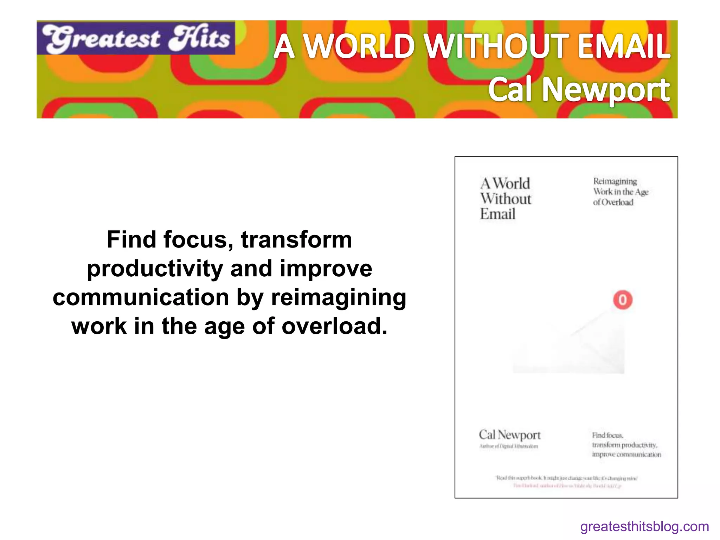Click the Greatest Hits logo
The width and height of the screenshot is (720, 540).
pos(136,38)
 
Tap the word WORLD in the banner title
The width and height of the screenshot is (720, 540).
pos(358,46)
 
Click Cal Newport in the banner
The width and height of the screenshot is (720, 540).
pos(579,90)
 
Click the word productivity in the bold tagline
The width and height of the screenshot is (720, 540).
pos(155,269)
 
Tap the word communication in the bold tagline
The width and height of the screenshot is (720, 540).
pos(141,297)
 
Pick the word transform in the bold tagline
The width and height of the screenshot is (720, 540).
pos(296,240)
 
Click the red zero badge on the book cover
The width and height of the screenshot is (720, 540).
pos(623,300)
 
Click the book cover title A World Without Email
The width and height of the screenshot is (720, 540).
pos(505,199)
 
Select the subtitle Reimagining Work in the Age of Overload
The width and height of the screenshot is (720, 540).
pos(621,192)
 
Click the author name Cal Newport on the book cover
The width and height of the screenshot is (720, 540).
pos(509,435)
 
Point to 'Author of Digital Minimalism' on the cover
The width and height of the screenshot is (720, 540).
pos(508,446)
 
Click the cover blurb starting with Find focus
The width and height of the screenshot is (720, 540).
pos(626,445)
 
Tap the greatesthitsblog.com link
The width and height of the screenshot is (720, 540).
pos(644,527)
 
